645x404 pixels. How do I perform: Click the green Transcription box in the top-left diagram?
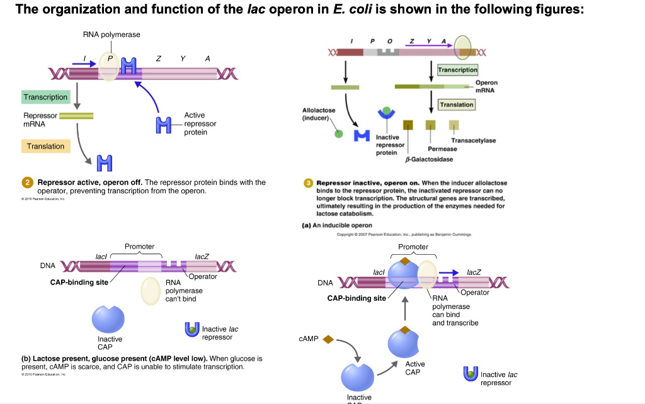(x=45, y=97)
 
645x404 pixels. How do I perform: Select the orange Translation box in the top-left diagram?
(x=45, y=146)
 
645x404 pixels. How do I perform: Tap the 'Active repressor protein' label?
(x=200, y=124)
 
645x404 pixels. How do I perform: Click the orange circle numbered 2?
(x=28, y=182)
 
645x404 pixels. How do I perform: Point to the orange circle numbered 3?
(x=308, y=182)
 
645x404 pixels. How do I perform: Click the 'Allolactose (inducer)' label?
(x=319, y=114)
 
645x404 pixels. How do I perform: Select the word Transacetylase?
(x=473, y=140)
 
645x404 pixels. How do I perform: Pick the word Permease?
(x=442, y=149)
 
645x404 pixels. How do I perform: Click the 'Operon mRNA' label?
(x=486, y=86)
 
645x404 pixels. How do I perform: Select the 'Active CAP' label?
(x=415, y=368)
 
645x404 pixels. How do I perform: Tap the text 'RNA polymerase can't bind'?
(x=183, y=291)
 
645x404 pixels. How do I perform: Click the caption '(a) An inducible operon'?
(x=338, y=225)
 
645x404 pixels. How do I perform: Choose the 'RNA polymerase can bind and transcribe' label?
(x=455, y=310)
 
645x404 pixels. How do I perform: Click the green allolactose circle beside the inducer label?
(x=339, y=133)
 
